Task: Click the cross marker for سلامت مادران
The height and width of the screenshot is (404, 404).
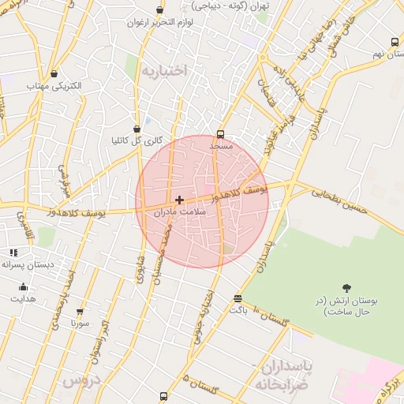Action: [180, 200]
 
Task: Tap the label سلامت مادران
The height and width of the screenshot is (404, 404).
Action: [180, 212]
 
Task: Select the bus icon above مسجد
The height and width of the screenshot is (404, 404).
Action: [220, 134]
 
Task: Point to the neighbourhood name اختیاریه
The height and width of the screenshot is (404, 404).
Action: [165, 71]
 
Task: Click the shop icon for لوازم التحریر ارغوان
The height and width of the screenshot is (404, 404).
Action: [160, 10]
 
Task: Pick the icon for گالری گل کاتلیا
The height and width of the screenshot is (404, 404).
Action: [137, 129]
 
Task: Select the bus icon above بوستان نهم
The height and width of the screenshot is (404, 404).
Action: [395, 43]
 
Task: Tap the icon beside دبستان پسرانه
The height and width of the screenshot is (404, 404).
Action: [13, 252]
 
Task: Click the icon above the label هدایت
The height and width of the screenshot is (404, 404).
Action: [23, 287]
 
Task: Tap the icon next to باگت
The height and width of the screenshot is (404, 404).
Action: [238, 298]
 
